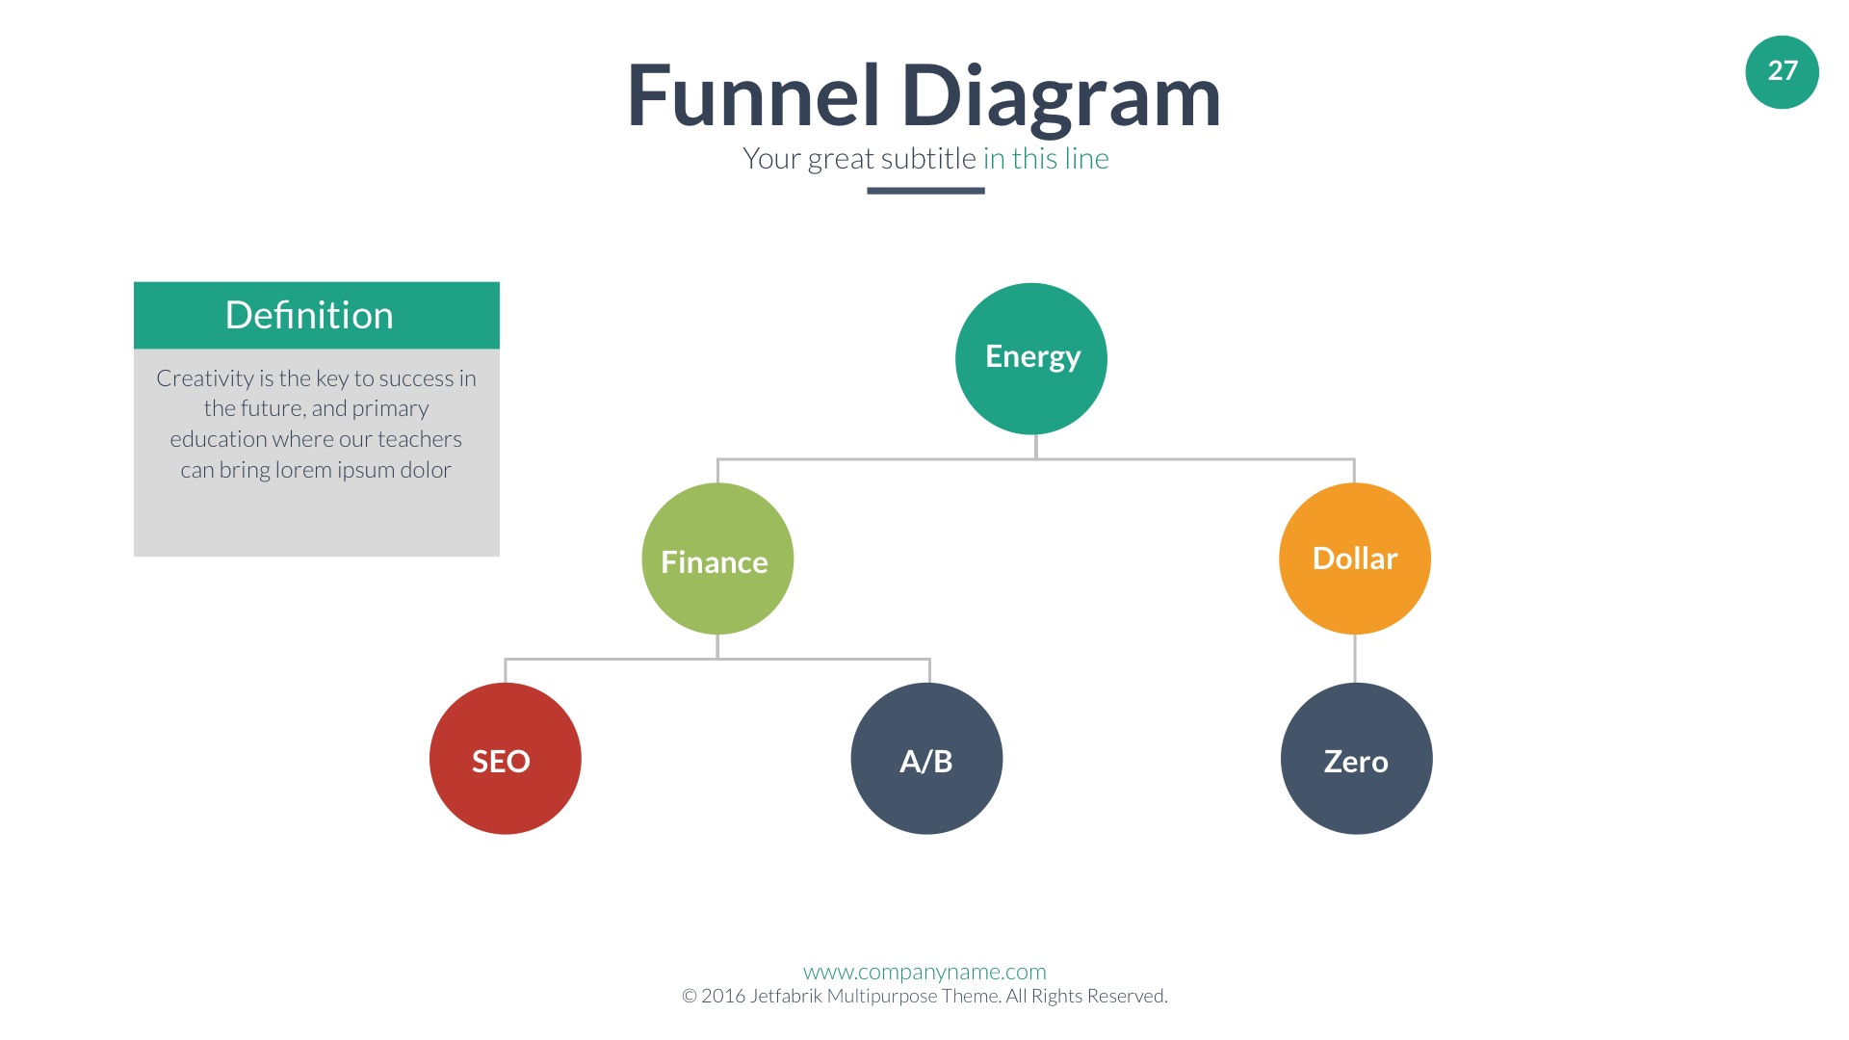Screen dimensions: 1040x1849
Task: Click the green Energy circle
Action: point(1031,358)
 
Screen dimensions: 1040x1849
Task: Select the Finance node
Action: point(717,559)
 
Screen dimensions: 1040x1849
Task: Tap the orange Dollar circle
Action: point(1355,559)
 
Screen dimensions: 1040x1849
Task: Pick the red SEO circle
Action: point(505,759)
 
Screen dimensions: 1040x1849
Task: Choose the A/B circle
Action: point(926,759)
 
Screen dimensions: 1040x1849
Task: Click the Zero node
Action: point(1356,759)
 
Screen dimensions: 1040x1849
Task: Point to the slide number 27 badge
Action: point(1782,72)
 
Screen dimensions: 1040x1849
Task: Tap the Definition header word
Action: point(309,315)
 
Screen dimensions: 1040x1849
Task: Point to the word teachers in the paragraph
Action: point(420,439)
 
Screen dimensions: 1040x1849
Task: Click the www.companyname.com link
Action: point(924,972)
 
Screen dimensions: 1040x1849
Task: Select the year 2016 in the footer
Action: point(722,996)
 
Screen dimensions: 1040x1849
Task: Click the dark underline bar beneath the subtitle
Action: point(925,191)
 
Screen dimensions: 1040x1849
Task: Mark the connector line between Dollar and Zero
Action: point(1355,659)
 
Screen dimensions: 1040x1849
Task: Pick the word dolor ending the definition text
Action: point(426,470)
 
